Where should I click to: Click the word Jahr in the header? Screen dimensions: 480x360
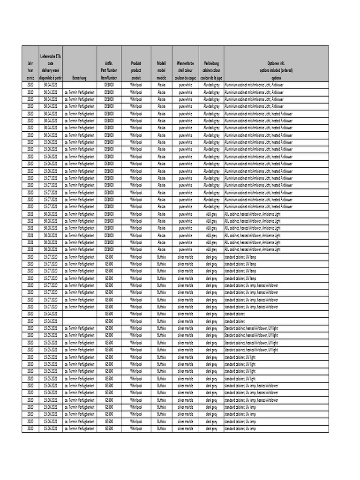[30, 63]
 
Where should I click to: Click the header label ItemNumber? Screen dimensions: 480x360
[109, 78]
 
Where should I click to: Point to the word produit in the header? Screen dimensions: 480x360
[136, 78]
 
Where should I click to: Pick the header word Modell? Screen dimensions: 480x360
[161, 63]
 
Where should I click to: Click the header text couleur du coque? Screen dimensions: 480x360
[185, 78]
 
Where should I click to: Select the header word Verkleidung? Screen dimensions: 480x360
[211, 63]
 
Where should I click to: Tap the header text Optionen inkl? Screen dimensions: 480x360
[276, 63]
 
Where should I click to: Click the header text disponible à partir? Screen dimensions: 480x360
[51, 78]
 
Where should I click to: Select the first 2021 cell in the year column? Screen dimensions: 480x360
[30, 214]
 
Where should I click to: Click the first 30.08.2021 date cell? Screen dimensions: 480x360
[51, 214]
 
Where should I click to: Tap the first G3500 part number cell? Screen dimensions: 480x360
[109, 257]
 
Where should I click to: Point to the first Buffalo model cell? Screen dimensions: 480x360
[161, 257]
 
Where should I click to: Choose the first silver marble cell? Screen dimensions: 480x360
[185, 257]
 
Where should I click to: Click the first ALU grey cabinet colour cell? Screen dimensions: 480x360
[211, 214]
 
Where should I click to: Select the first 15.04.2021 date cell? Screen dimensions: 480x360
[51, 314]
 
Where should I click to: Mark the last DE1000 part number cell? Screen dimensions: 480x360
[109, 249]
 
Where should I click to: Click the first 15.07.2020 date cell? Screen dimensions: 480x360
[51, 257]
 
